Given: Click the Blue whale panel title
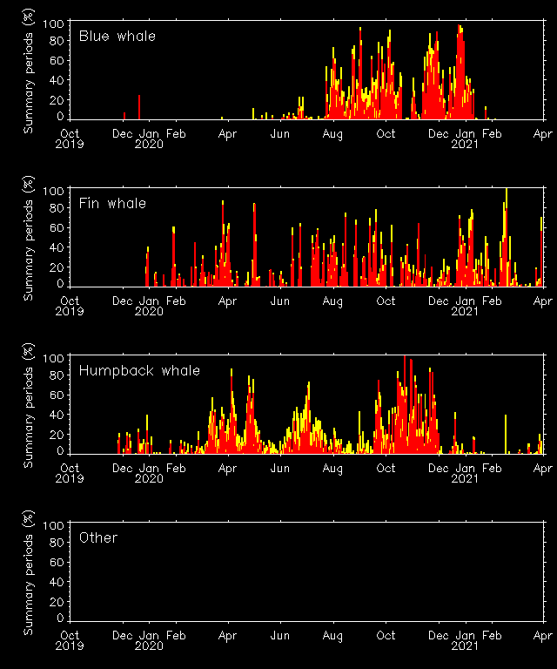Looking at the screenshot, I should point(117,37).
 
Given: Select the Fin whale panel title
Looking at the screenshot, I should point(112,204).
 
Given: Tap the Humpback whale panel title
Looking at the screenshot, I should point(139,371).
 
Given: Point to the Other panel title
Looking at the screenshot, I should point(97,538).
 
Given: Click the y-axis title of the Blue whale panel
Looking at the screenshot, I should point(28,71).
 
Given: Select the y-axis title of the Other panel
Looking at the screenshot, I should point(28,572).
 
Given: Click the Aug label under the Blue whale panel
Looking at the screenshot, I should point(332,134).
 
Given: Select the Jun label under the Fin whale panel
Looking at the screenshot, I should point(279,301).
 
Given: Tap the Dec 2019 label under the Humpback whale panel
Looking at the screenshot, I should point(123,469).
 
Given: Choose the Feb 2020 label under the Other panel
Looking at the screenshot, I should point(175,636).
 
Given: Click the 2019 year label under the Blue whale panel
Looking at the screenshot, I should point(70,145).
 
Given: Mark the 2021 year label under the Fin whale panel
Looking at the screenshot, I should point(465,312).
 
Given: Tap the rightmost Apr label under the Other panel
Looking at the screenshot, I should point(543,636).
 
